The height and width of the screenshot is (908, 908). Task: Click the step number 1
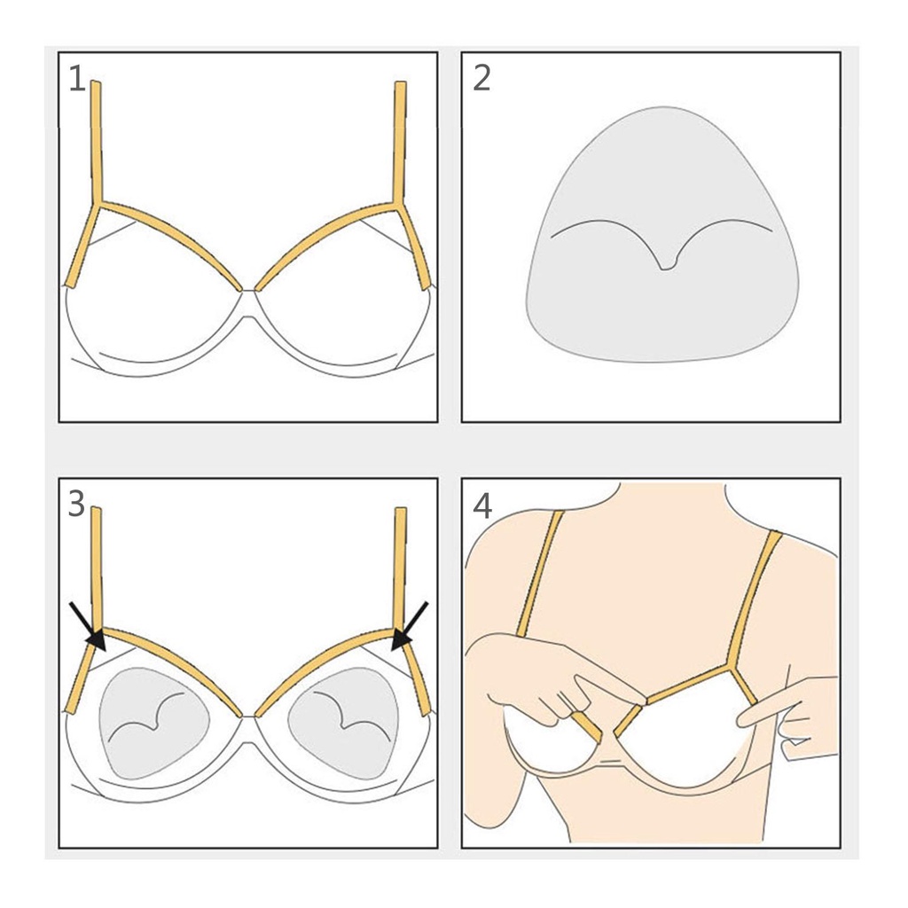(x=77, y=79)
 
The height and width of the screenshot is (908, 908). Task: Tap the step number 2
(x=481, y=79)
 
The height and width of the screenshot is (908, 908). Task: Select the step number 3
(x=76, y=505)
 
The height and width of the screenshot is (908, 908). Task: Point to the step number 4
(x=482, y=505)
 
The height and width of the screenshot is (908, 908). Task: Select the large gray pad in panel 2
(x=661, y=234)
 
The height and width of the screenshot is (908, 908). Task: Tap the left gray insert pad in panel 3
(x=154, y=724)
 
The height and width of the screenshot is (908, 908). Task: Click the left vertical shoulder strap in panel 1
(x=97, y=143)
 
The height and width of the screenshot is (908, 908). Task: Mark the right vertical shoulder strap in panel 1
(x=400, y=143)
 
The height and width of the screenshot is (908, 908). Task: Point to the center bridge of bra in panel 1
(x=248, y=303)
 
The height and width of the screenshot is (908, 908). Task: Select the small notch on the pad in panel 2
(x=666, y=265)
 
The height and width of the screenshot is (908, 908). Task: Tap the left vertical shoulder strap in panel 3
(x=97, y=568)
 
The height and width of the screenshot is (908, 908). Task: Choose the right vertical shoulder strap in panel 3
(x=400, y=568)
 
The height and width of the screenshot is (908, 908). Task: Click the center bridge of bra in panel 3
(x=248, y=729)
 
